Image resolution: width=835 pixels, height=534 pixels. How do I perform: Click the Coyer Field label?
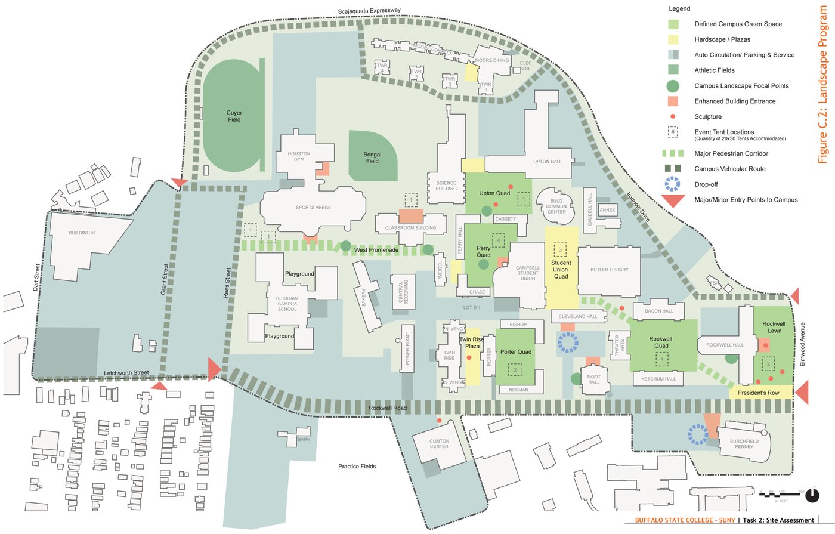[234, 116]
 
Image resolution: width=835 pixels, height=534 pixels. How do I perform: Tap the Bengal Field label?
[372, 158]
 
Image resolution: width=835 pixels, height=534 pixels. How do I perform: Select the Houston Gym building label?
[299, 156]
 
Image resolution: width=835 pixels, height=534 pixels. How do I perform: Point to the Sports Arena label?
[313, 208]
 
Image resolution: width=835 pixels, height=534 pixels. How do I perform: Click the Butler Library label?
[609, 270]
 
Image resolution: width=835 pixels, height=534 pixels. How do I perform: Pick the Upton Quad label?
[494, 193]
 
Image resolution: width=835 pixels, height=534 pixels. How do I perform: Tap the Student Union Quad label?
[561, 270]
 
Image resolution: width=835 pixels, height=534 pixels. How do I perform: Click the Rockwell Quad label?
[661, 342]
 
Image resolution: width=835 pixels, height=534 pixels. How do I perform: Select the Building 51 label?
[82, 233]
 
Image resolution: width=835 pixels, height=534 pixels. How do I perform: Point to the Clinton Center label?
[439, 444]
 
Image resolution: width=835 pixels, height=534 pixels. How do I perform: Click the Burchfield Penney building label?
[744, 444]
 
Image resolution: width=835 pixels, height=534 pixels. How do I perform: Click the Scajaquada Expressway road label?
[369, 11]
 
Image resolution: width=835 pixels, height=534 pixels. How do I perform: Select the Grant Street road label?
[165, 279]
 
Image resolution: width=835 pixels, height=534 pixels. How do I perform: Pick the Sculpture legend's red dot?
[673, 116]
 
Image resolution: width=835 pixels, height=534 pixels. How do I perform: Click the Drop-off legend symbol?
[673, 184]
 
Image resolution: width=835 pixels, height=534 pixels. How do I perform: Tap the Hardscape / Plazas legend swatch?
[673, 39]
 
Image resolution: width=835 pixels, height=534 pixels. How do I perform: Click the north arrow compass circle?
[812, 495]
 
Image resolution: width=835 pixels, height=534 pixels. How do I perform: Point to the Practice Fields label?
[357, 467]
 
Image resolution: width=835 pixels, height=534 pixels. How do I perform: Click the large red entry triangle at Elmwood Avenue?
[802, 393]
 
